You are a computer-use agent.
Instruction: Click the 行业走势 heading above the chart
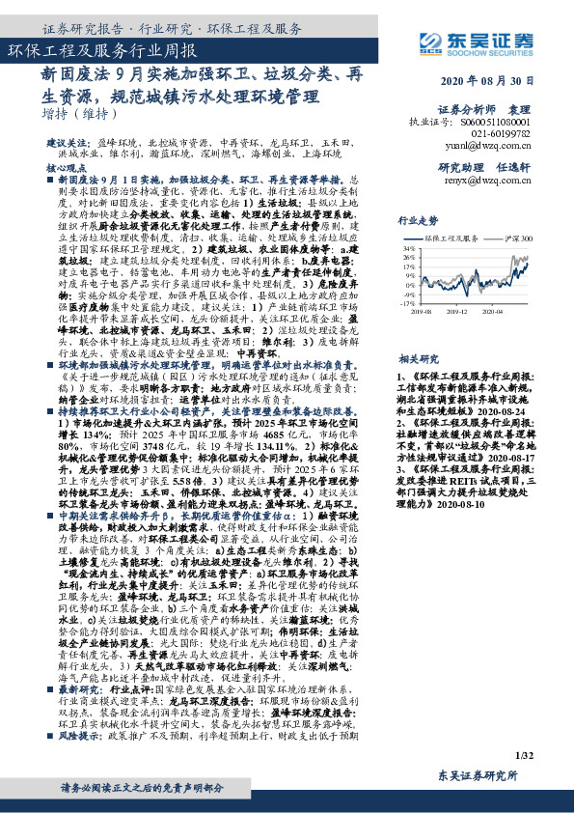click(418, 220)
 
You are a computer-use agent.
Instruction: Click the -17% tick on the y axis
click(408, 302)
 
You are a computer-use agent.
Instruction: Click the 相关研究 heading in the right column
click(418, 330)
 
